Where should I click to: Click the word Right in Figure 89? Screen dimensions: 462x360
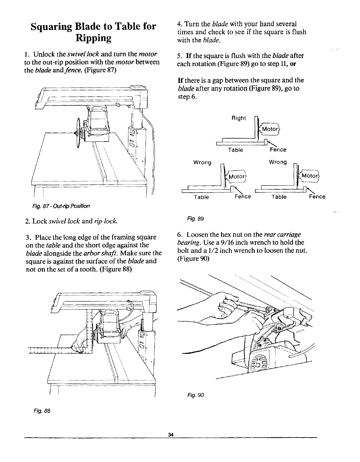(239, 118)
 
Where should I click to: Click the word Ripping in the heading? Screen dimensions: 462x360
(93, 38)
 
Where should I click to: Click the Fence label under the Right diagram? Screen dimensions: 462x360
(278, 150)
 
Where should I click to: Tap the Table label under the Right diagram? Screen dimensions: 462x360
(235, 150)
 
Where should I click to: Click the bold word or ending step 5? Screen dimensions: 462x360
(293, 63)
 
